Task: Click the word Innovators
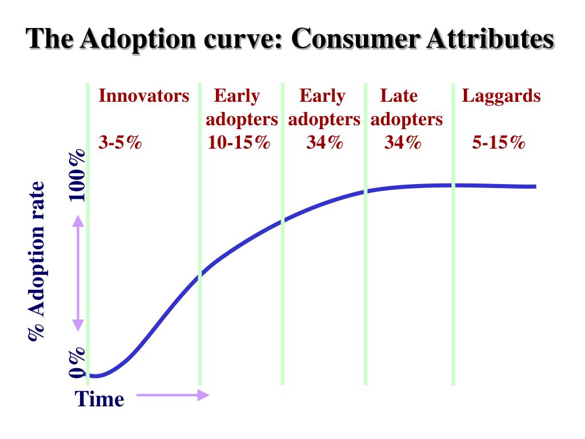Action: tap(143, 95)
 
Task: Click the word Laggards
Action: tap(501, 95)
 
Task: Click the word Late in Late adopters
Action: tap(399, 95)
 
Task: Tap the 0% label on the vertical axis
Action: tap(78, 363)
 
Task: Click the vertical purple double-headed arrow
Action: tap(78, 276)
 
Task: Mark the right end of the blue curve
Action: tap(535, 186)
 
